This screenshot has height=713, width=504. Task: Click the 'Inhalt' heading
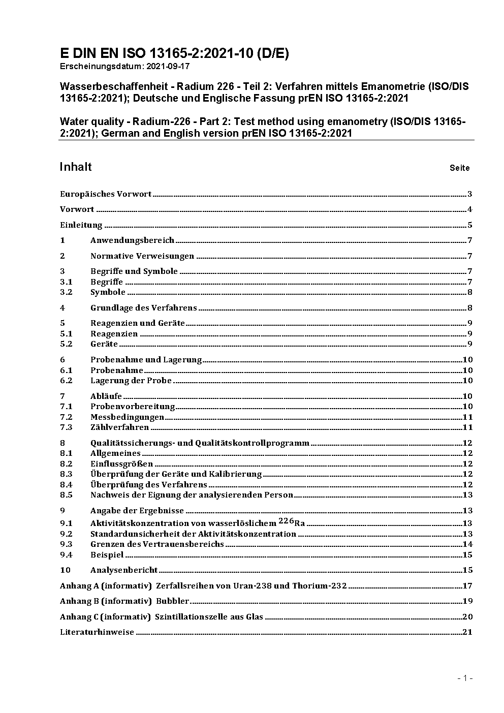tap(76, 167)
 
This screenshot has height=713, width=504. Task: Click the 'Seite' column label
tap(459, 168)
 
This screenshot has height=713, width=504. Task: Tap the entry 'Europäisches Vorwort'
tap(106, 194)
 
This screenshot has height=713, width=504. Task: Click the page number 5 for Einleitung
tap(470, 225)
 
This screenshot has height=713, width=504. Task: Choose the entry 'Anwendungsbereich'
tap(132, 240)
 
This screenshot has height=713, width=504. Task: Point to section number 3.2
tap(66, 292)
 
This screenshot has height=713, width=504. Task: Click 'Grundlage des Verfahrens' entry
tap(143, 308)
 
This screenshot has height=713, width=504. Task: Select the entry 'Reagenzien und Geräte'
tap(137, 323)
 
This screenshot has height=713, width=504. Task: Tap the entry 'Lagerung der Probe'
tap(131, 381)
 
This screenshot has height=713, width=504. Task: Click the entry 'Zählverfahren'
tap(119, 427)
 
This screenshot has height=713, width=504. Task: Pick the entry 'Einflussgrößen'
tap(121, 464)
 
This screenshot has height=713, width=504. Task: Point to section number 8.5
tap(66, 495)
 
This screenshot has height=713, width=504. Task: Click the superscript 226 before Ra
tap(286, 521)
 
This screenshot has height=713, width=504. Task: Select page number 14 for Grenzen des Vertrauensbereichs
tap(467, 544)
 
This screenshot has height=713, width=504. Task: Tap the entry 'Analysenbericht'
tap(124, 570)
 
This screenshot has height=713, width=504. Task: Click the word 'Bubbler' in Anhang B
tap(172, 601)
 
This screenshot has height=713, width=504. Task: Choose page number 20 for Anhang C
tap(467, 617)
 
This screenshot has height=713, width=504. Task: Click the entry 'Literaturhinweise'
tap(97, 632)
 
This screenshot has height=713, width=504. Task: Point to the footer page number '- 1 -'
tap(465, 678)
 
